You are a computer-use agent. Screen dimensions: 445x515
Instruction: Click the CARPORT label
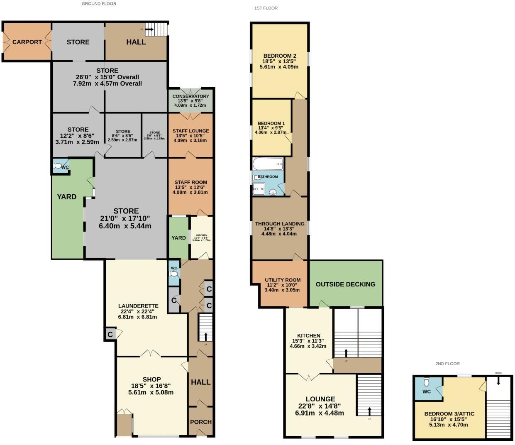[x=27, y=42]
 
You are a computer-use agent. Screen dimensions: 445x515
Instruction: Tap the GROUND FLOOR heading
[x=99, y=4]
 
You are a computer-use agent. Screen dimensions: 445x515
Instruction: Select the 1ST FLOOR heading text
[x=266, y=8]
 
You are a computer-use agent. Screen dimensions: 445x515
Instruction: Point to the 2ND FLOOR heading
[x=447, y=364]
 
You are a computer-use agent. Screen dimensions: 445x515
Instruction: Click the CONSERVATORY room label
[x=190, y=96]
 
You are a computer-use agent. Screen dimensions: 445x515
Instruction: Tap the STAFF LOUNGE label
[x=190, y=131]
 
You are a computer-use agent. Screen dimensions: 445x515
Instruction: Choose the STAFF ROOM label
[x=190, y=182]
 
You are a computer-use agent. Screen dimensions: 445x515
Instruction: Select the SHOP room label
[x=151, y=379]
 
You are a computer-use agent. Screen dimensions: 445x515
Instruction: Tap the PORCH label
[x=201, y=422]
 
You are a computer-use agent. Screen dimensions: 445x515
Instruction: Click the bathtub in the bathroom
[x=268, y=164]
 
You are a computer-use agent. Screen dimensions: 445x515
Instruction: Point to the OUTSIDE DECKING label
[x=345, y=284]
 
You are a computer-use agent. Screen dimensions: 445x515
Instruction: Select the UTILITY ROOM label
[x=282, y=280]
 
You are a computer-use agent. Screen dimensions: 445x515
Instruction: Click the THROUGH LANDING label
[x=280, y=224]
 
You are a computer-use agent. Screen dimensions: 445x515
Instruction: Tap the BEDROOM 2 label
[x=280, y=56]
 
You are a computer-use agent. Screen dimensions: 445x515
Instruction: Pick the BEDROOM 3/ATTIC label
[x=449, y=414]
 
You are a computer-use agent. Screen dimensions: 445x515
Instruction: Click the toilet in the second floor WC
[x=427, y=382]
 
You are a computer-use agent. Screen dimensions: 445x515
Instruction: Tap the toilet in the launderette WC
[x=174, y=274]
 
